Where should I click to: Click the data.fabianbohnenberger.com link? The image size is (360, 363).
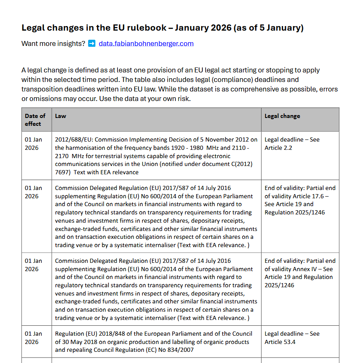(x=146, y=43)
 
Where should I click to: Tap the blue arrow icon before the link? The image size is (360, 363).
(x=92, y=43)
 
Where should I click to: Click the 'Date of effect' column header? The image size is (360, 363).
(x=35, y=120)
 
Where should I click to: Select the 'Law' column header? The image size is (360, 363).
(x=60, y=116)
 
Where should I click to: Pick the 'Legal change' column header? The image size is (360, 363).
(x=282, y=116)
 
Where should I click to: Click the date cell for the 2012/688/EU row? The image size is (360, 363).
(x=34, y=144)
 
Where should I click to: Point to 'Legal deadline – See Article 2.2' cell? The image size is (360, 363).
(x=292, y=144)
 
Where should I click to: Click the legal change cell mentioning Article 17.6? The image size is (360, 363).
(x=300, y=200)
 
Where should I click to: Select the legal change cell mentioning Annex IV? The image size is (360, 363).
(x=300, y=273)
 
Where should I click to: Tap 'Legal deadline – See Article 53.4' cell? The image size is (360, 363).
(x=292, y=338)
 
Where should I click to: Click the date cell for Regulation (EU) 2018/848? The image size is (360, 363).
(x=34, y=338)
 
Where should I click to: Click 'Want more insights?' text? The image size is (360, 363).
(x=53, y=43)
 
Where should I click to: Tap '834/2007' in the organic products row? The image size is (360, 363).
(x=180, y=350)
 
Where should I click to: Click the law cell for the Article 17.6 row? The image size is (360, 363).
(x=156, y=216)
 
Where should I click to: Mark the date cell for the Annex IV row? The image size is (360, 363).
(x=34, y=265)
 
